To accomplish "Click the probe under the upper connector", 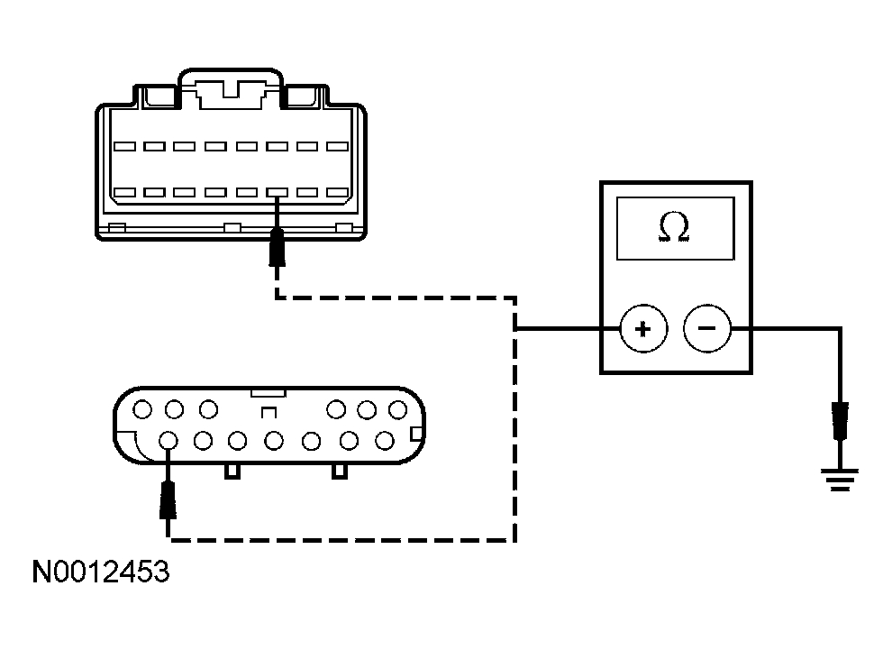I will click(278, 247).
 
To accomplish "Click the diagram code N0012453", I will click(100, 572).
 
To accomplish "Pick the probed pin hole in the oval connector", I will click(167, 441).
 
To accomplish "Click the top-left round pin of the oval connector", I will click(141, 410).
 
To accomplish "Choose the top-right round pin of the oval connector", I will click(397, 410).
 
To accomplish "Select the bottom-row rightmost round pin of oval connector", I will click(385, 441).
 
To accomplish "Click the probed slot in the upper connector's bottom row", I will click(278, 192).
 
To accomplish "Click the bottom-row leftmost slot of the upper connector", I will click(124, 192).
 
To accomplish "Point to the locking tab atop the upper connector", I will click(232, 90).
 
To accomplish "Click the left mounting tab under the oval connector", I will click(232, 471).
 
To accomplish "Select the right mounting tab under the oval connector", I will click(340, 471).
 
